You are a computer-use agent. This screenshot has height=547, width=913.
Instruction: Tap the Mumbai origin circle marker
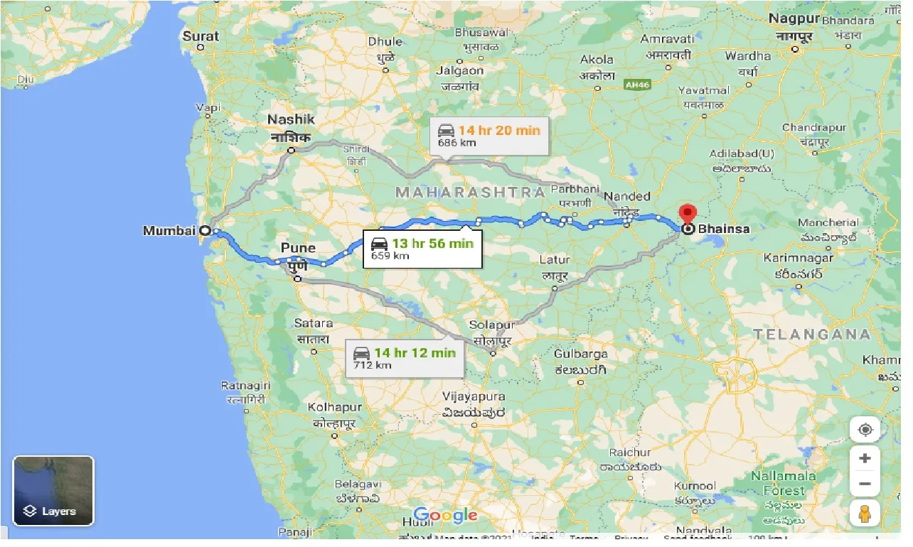click(205, 230)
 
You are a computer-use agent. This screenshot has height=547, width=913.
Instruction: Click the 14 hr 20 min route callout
click(489, 135)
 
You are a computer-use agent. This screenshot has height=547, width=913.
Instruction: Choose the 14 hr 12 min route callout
click(405, 358)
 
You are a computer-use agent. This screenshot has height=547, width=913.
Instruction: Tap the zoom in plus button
click(865, 458)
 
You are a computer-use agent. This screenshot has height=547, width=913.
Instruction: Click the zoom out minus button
click(865, 484)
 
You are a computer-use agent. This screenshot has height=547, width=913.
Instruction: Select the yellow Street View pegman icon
click(865, 514)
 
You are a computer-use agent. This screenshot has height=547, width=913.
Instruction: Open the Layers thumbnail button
click(53, 490)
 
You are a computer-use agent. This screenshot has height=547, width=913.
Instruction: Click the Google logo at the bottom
click(445, 516)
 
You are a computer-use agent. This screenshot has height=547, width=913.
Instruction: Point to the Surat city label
click(201, 36)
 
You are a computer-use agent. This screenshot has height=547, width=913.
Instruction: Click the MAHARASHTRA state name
click(470, 193)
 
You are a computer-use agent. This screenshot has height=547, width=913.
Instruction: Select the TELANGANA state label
click(812, 334)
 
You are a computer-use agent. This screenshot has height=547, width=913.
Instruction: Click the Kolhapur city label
click(334, 408)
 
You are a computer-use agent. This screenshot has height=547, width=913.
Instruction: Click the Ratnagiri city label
click(246, 385)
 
